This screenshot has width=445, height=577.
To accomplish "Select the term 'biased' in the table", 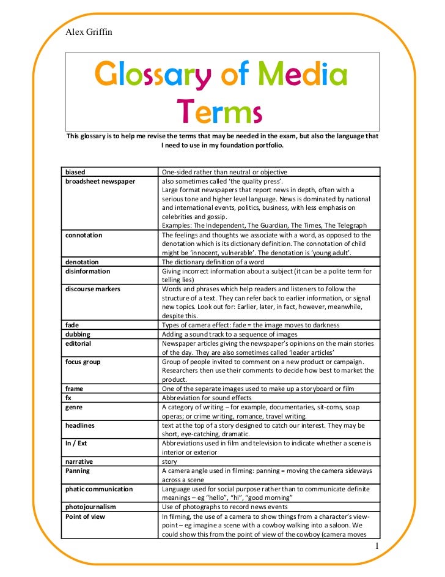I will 76,172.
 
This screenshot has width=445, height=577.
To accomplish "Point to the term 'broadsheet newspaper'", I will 100,181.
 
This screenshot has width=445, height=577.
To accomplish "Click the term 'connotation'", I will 84,235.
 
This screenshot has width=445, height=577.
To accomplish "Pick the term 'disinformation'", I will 88,271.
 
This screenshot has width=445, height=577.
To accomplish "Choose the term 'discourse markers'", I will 93,289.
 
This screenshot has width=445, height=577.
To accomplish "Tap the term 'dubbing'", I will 78,334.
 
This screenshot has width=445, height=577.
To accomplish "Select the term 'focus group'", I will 83,362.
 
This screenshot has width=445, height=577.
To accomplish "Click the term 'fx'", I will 68,397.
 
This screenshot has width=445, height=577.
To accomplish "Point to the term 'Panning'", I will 78,471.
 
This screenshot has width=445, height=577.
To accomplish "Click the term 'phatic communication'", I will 99,489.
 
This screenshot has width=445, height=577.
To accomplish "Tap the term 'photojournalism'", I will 90,507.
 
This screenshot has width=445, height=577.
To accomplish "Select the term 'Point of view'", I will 85,516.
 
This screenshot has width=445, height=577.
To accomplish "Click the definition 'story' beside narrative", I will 169,461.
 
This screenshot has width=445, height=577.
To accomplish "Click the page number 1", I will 378,546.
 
